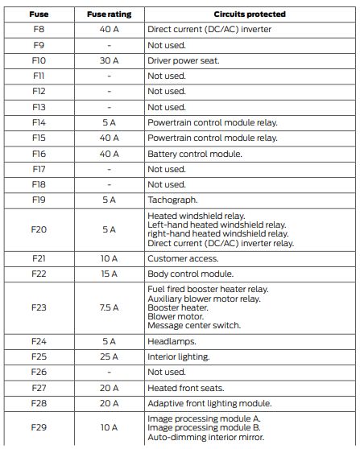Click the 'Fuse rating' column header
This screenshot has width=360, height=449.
tap(109, 14)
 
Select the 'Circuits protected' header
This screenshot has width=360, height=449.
tap(249, 14)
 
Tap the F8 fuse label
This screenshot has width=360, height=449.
tap(38, 29)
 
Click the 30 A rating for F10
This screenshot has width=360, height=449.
tap(109, 60)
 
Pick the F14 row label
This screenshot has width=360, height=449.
tap(38, 122)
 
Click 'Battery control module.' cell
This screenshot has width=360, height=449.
tap(194, 153)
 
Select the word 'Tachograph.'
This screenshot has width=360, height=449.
tap(173, 200)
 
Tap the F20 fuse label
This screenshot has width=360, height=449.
tap(38, 229)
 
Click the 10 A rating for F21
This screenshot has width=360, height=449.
tap(109, 258)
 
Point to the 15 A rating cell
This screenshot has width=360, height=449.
tap(109, 274)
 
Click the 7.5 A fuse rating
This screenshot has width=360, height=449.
tap(109, 307)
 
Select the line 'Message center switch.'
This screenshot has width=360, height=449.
tap(193, 326)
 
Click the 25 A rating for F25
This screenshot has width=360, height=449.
tap(109, 356)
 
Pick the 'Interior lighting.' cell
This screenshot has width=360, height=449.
tap(179, 356)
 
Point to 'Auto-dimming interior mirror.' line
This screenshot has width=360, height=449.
tap(205, 438)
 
